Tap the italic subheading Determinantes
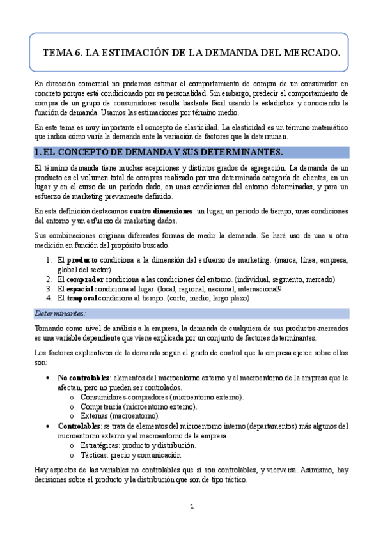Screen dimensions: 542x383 [x=59, y=313]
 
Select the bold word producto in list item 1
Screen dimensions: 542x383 [x=82, y=260]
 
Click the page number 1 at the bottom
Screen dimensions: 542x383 [x=191, y=507]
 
